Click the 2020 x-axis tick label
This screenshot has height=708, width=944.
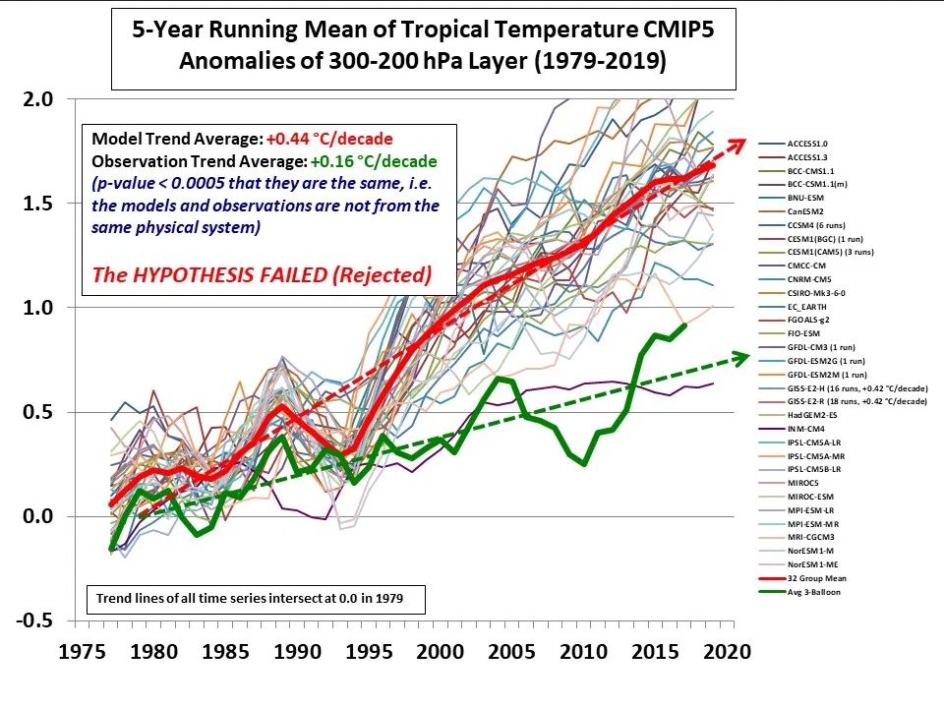click(x=730, y=651)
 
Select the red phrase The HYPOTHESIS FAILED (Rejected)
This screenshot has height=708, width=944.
click(x=262, y=274)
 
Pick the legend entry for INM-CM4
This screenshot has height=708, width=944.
click(x=806, y=429)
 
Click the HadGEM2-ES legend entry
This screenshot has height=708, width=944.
click(x=811, y=415)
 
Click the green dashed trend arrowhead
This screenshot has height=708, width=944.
click(x=745, y=358)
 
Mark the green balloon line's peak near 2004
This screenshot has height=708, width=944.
click(x=499, y=378)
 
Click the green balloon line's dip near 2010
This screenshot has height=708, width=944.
click(x=585, y=463)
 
